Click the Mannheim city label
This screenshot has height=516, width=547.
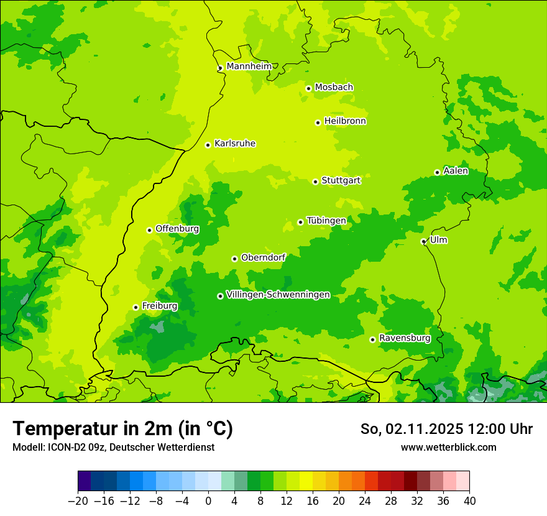pos(249,66)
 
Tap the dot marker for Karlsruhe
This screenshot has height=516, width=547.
pos(208,145)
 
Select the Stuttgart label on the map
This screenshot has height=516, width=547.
pos(341,180)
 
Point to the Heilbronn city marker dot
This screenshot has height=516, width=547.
pos(318,122)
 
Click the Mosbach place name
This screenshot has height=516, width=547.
pos(334,87)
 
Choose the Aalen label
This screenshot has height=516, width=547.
pos(456,171)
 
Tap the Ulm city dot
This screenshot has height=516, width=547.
pos(423,241)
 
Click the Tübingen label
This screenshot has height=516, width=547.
pos(326,221)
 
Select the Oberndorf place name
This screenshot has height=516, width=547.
pos(263,257)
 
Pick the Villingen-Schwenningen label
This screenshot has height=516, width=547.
pos(278,295)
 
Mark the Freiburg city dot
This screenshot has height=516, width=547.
pos(136,307)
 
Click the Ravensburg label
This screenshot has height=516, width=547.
pos(404,338)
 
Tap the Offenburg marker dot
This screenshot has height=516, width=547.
pos(149,230)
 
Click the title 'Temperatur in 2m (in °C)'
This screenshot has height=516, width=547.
pos(122,428)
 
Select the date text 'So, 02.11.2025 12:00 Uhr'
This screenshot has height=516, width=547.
pos(446,429)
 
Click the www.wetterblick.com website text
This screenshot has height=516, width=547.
pos(448,447)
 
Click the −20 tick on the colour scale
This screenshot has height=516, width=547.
pos(78,500)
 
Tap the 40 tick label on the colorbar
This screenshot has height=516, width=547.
pos(469,500)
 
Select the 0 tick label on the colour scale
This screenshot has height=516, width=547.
pos(208,500)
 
